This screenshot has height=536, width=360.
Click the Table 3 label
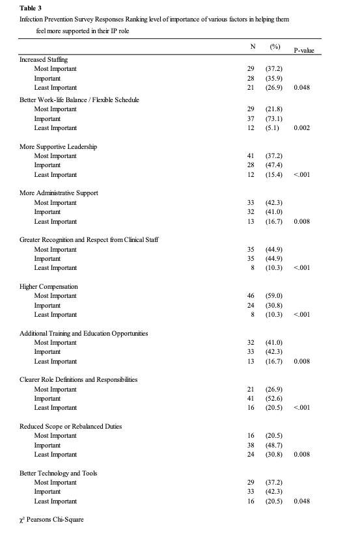tap(30, 8)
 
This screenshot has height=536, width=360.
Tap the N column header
tap(253, 47)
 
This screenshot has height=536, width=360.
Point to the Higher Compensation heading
tap(49, 287)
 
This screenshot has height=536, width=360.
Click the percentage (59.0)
tap(273, 296)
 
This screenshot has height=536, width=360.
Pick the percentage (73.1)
tap(273, 119)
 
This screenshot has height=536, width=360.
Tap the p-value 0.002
tap(301, 128)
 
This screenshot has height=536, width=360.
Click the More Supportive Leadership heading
tap(59, 147)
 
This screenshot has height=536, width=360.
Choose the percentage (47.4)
tap(273, 166)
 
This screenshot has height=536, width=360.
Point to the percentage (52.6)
tap(273, 399)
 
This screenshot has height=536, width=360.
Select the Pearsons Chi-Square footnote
tap(52, 520)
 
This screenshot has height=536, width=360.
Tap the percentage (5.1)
tap(272, 128)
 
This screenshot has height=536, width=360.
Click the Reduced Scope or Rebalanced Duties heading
tap(70, 427)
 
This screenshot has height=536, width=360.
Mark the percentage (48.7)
tap(273, 446)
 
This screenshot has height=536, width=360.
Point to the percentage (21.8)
tap(273, 109)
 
